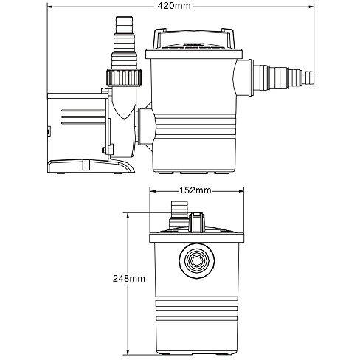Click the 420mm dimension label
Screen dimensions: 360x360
click(x=174, y=6)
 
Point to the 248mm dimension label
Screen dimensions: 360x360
click(x=129, y=278)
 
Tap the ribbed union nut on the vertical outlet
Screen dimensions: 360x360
click(x=124, y=77)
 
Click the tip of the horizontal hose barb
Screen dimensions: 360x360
click(x=314, y=77)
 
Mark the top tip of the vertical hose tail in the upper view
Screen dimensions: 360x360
click(x=124, y=17)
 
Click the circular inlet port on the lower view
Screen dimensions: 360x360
click(x=197, y=260)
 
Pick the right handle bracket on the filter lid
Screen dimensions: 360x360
click(x=228, y=38)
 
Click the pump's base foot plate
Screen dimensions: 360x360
click(x=91, y=167)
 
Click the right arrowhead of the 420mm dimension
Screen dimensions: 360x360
click(x=311, y=7)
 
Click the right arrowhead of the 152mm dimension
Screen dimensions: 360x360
click(x=240, y=191)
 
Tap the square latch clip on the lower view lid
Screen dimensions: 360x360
click(x=197, y=222)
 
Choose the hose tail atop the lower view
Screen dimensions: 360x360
click(x=179, y=213)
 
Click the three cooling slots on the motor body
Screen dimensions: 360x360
click(x=83, y=117)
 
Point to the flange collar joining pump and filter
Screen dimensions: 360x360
click(x=139, y=126)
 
